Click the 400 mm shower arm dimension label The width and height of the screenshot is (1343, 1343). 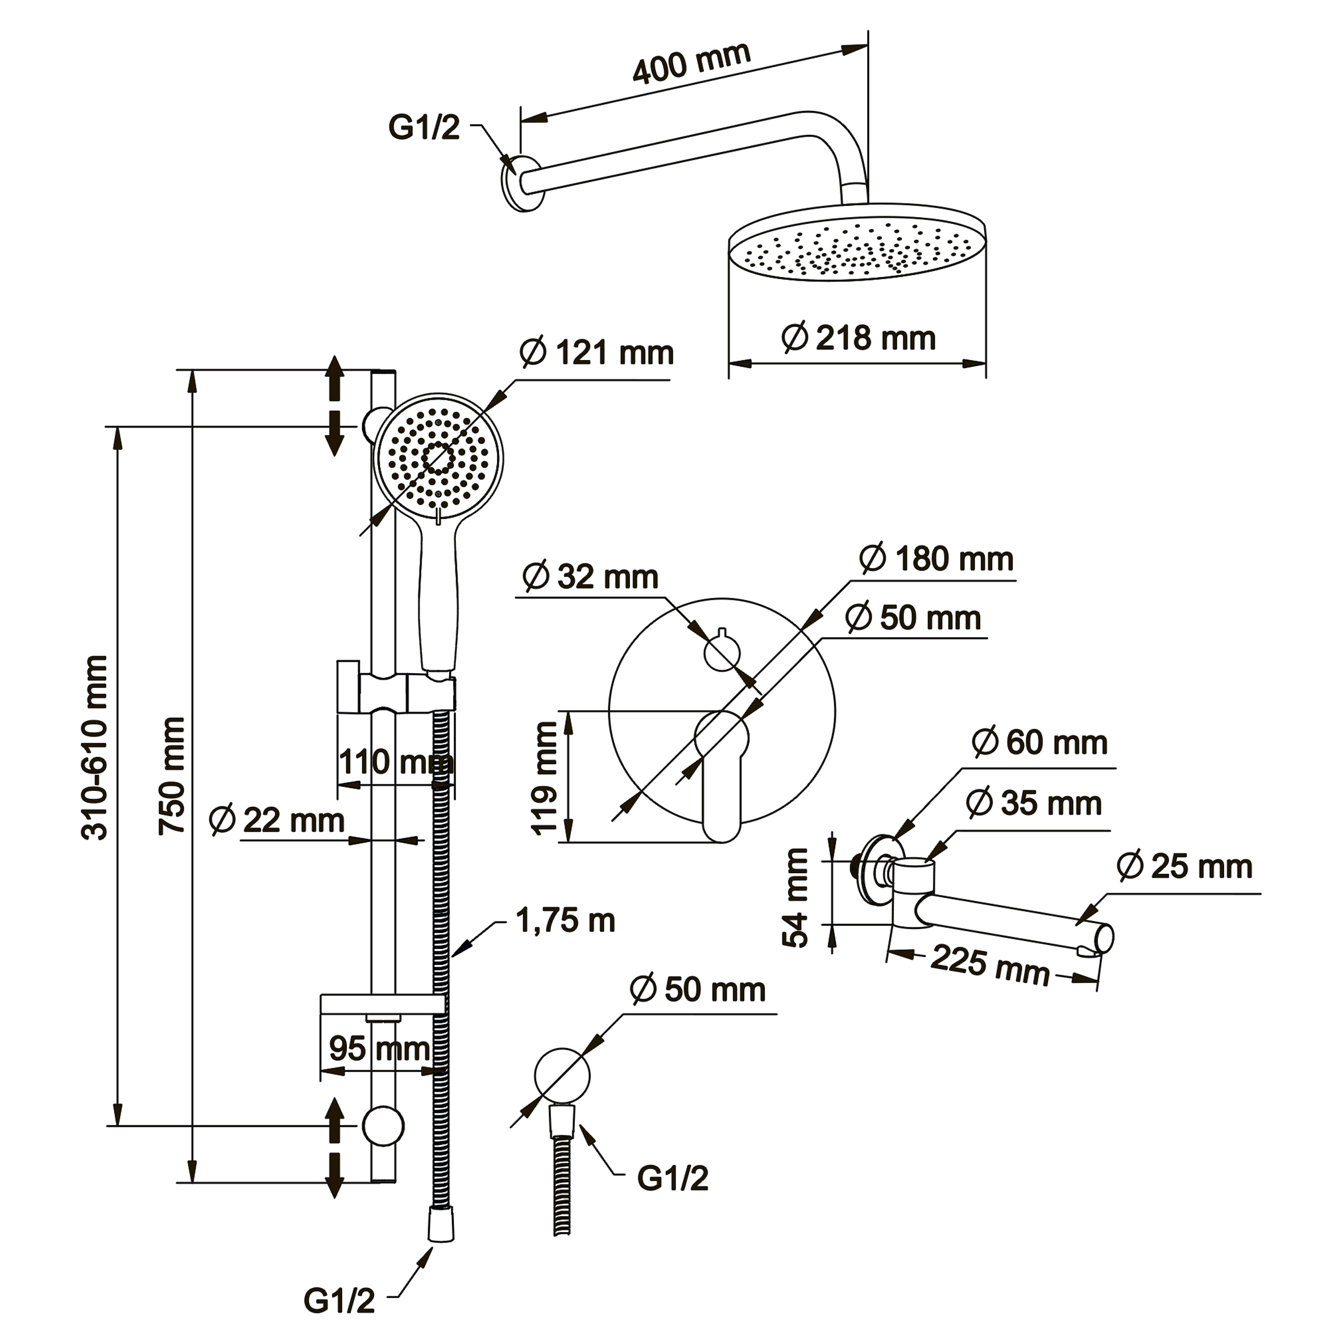(691, 63)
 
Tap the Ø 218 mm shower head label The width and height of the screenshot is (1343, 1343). (858, 338)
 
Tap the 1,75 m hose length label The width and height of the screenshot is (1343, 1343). (565, 921)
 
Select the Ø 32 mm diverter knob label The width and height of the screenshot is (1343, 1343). (590, 577)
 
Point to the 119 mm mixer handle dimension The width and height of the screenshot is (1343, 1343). (544, 778)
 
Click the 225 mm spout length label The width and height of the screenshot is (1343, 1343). (990, 965)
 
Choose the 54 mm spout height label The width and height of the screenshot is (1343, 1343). (795, 897)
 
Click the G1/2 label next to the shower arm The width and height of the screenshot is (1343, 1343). (424, 128)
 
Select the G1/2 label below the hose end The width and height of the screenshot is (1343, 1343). (339, 1300)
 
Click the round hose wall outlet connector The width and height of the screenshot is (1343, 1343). (562, 1075)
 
